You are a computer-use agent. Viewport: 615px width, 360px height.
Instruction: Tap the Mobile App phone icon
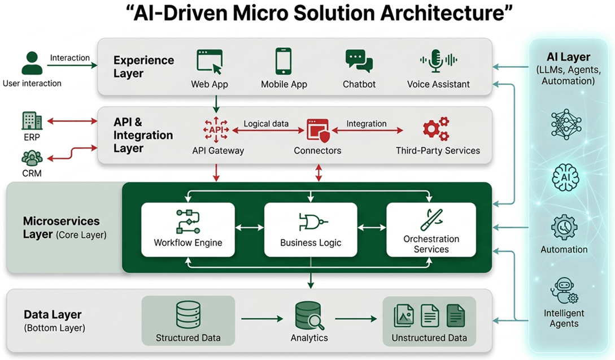tap(283, 61)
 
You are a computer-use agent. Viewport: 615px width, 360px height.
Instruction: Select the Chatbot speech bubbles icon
tap(359, 62)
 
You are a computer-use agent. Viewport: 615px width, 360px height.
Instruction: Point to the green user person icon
tap(32, 63)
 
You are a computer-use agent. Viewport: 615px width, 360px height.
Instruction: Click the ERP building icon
tap(32, 121)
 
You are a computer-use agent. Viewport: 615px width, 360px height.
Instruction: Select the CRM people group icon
tap(32, 158)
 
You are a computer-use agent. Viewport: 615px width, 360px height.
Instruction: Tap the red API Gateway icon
tap(216, 129)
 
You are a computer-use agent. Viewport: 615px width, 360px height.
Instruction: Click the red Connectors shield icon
tap(317, 130)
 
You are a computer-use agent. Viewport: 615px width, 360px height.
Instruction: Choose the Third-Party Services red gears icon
tap(436, 129)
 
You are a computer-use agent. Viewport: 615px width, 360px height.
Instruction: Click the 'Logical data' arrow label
tap(266, 124)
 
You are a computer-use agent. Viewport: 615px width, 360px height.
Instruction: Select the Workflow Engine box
tap(188, 228)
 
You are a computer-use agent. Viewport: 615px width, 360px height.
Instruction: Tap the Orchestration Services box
tap(431, 228)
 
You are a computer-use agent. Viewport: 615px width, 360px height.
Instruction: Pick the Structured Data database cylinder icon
tap(188, 315)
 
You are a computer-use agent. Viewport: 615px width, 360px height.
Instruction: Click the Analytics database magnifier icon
tap(309, 315)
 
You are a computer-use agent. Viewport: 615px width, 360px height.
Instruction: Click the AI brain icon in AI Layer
tap(564, 177)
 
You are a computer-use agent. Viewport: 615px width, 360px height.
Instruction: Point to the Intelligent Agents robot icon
tap(563, 291)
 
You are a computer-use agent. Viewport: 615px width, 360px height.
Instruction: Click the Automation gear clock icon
tap(564, 228)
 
